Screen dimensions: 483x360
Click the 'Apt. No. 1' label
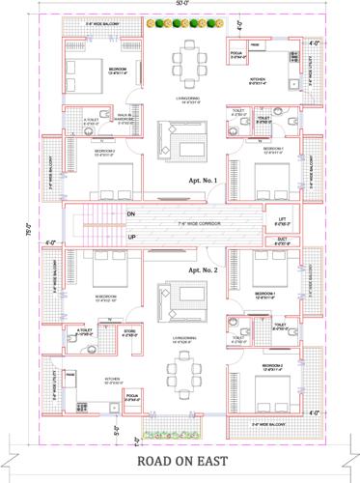204,181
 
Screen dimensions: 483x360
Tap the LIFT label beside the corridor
282,219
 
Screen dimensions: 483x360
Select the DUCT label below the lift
282,240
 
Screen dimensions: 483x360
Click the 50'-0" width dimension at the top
181,6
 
